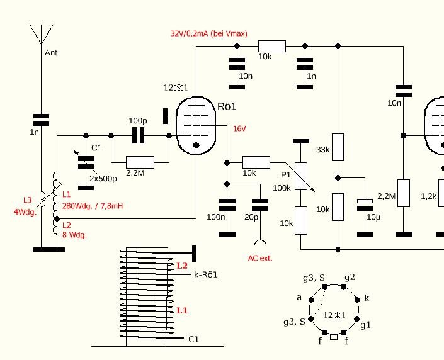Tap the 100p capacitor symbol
[138, 135]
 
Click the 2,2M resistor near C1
[140, 163]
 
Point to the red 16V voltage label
[239, 129]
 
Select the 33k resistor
[338, 147]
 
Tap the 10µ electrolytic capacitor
[365, 204]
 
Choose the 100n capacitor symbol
[227, 205]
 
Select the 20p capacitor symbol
[259, 205]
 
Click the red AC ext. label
[260, 258]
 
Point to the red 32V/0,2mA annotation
[208, 33]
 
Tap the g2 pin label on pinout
[349, 277]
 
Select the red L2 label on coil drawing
[182, 266]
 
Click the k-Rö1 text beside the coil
[205, 275]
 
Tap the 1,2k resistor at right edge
[429, 196]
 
